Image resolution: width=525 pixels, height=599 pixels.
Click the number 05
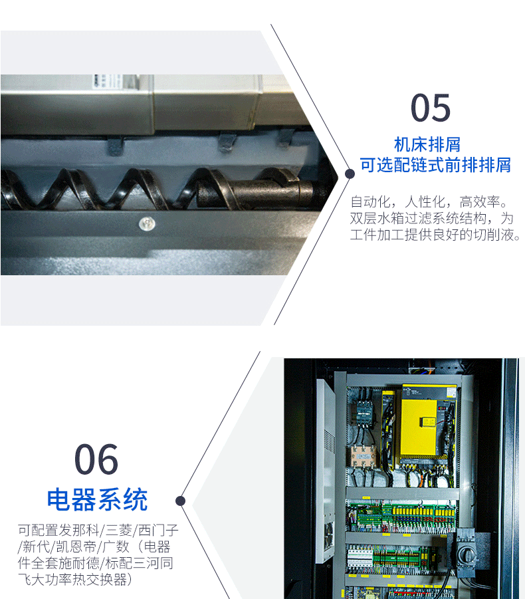pyautogui.click(x=431, y=108)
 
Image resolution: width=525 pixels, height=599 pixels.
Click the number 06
pyautogui.click(x=96, y=459)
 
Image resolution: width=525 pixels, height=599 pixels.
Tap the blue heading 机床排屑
pyautogui.click(x=427, y=144)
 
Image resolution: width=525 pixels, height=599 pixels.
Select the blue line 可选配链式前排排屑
pyautogui.click(x=435, y=165)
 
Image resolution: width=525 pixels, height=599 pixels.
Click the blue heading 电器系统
pyautogui.click(x=97, y=499)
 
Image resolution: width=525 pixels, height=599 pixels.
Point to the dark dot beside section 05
pyautogui.click(x=350, y=174)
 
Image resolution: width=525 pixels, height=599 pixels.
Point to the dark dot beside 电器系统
pyautogui.click(x=181, y=501)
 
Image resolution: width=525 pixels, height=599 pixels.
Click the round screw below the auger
pyautogui.click(x=147, y=224)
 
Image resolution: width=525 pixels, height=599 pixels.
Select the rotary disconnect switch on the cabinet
pyautogui.click(x=466, y=551)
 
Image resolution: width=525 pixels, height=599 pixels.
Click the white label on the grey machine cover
pyautogui.click(x=107, y=81)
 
